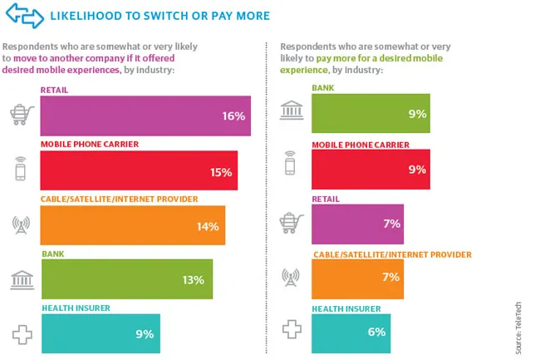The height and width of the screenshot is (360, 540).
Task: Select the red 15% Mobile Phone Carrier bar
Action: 139,171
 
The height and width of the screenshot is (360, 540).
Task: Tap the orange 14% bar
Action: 133,225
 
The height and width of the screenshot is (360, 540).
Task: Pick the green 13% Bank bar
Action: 126,279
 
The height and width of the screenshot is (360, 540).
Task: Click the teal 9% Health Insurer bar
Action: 100,333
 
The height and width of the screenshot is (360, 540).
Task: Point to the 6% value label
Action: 376,333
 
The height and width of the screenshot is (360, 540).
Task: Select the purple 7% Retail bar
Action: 356,223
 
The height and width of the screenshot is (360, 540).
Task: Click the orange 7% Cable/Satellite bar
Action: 356,279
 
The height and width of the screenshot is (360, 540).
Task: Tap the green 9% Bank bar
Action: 370,113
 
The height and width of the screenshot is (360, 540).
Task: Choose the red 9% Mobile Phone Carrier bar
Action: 370,170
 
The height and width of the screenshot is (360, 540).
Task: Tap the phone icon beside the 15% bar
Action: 21,170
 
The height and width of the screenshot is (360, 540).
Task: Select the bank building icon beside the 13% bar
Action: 21,279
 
